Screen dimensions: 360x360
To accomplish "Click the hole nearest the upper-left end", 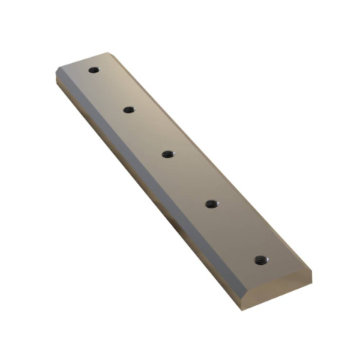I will (94, 70).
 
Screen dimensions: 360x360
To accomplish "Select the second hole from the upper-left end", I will (129, 109).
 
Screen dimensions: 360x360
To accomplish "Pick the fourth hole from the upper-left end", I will (211, 202).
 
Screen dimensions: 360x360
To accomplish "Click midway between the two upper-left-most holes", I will (111, 90).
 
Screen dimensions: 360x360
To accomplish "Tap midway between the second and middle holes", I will (148, 131).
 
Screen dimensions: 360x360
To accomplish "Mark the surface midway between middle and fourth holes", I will (189, 178).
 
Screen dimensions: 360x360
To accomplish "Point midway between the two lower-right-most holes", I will (236, 231).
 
